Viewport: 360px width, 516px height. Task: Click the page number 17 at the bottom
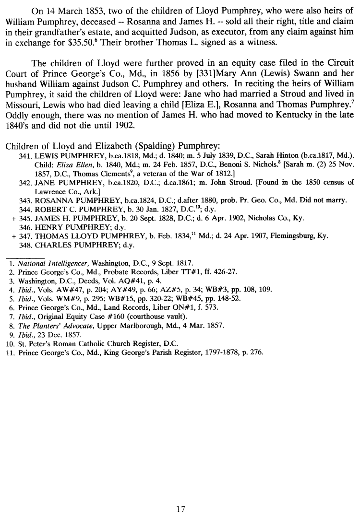pos(180,496)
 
